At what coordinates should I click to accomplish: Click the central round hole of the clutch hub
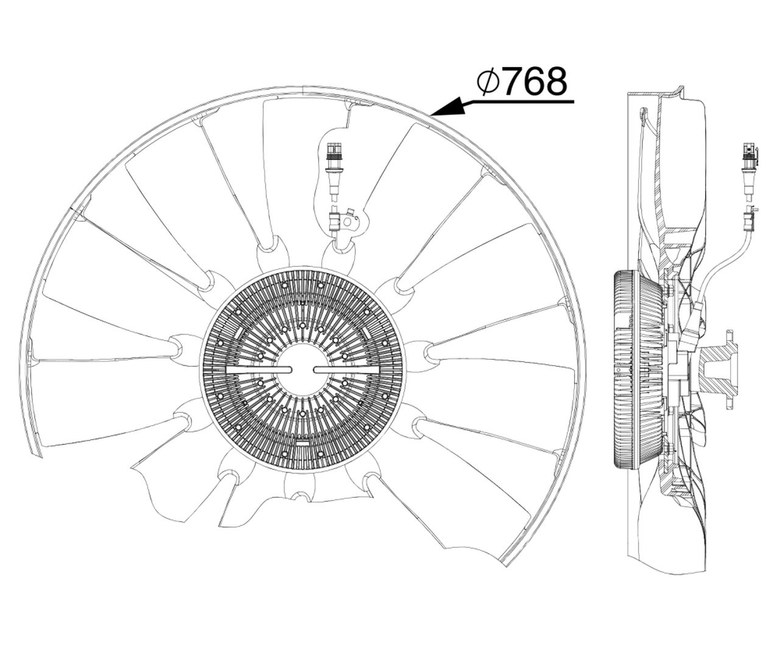tap(302, 369)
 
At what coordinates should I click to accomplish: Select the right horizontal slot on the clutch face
tap(345, 370)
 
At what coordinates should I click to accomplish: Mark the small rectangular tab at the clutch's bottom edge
tap(302, 443)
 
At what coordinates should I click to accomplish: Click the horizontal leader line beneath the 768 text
tap(518, 101)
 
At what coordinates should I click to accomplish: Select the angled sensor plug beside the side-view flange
tap(695, 326)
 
